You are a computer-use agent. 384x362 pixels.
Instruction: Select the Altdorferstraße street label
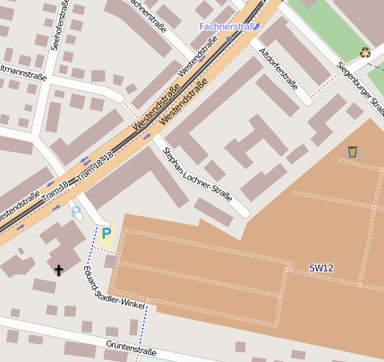click(x=277, y=69)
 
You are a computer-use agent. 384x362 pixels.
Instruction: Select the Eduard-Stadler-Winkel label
click(x=111, y=288)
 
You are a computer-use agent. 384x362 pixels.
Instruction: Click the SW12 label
click(x=321, y=268)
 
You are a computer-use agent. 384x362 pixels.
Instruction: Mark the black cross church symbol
click(x=60, y=268)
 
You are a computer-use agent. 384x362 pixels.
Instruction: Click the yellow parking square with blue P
click(x=107, y=234)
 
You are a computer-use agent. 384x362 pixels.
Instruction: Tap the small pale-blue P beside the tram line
click(x=75, y=213)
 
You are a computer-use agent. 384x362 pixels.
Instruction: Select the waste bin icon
click(x=353, y=151)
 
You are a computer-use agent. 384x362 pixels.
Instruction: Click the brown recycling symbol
click(x=364, y=52)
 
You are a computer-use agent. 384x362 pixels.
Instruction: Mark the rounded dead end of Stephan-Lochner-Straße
click(x=243, y=212)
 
